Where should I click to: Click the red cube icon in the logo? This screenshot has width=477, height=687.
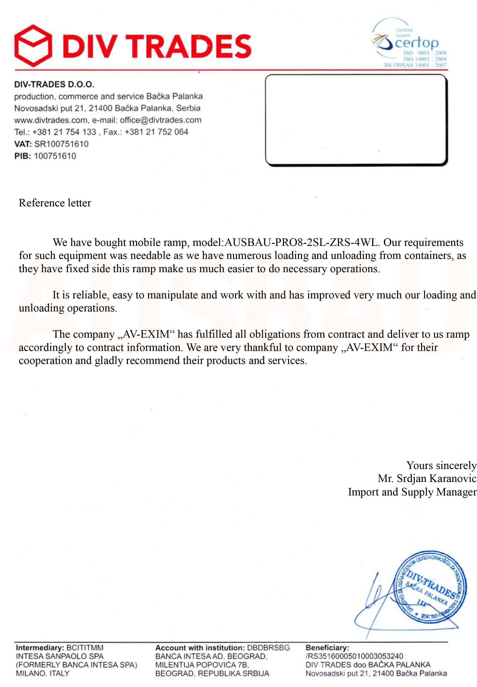click(x=32, y=46)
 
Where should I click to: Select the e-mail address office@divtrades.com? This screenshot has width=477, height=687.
click(x=160, y=120)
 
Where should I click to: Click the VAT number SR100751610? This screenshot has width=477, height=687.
click(x=61, y=144)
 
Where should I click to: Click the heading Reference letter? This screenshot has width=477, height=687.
click(x=55, y=203)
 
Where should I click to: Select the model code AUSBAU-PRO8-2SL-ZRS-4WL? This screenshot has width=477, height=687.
click(x=301, y=242)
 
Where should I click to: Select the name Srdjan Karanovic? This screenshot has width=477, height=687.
click(x=436, y=479)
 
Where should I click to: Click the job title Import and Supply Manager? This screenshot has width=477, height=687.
click(x=412, y=492)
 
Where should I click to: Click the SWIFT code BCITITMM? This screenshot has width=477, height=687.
click(x=85, y=648)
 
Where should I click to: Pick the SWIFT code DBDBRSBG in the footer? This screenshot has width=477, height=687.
click(x=268, y=648)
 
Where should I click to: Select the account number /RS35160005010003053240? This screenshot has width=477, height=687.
click(x=354, y=656)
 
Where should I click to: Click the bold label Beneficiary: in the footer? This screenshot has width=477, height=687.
click(x=327, y=648)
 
